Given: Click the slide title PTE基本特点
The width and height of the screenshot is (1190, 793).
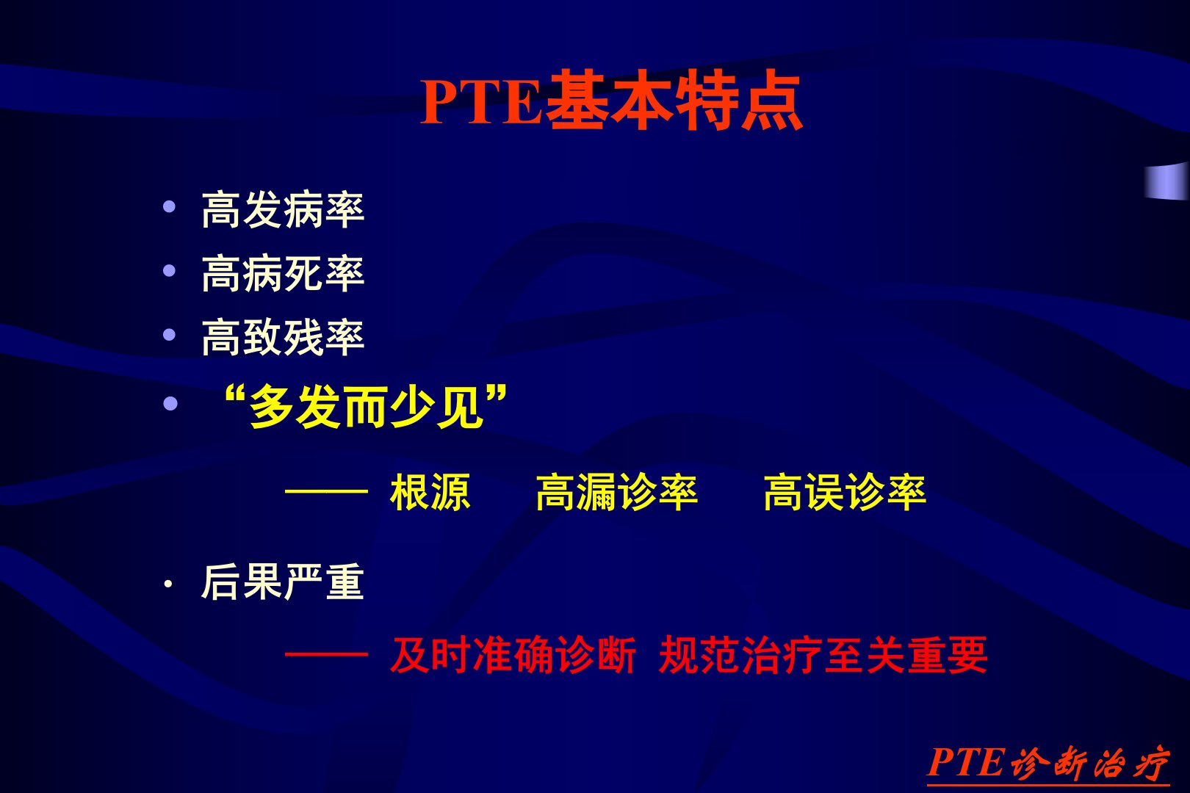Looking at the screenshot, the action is (611, 100).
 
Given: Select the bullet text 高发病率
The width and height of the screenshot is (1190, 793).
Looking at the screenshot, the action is (283, 210).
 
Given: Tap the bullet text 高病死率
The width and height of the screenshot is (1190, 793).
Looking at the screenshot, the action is (283, 274).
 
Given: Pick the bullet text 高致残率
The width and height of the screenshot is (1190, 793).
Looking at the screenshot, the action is (283, 337).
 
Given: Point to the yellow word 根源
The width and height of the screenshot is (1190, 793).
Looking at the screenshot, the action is (430, 493).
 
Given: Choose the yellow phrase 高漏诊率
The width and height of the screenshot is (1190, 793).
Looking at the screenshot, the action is (617, 493).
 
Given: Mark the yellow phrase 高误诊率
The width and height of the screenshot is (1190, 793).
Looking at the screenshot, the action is (845, 493).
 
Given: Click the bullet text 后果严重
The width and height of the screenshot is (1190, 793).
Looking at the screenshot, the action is (283, 582).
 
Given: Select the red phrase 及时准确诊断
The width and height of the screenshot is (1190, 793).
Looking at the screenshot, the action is (513, 655).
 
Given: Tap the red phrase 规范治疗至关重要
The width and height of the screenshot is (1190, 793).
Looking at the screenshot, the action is (823, 655).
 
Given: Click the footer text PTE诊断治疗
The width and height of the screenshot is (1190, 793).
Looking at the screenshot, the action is (1047, 764).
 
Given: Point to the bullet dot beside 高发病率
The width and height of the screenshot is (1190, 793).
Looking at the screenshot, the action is (169, 206).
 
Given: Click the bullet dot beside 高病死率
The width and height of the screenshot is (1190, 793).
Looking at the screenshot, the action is (169, 270).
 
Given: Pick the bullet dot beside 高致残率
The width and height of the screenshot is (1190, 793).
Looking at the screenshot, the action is (169, 335).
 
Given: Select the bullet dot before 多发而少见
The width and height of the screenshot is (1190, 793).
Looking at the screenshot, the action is (170, 404).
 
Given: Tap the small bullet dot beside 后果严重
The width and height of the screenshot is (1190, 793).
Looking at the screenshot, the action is (168, 584).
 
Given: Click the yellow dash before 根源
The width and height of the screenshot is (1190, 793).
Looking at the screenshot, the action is (326, 492).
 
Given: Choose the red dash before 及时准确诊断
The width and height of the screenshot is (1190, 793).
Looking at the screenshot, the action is (326, 654).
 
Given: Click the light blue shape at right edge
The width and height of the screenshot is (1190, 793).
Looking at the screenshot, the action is (1166, 181).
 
